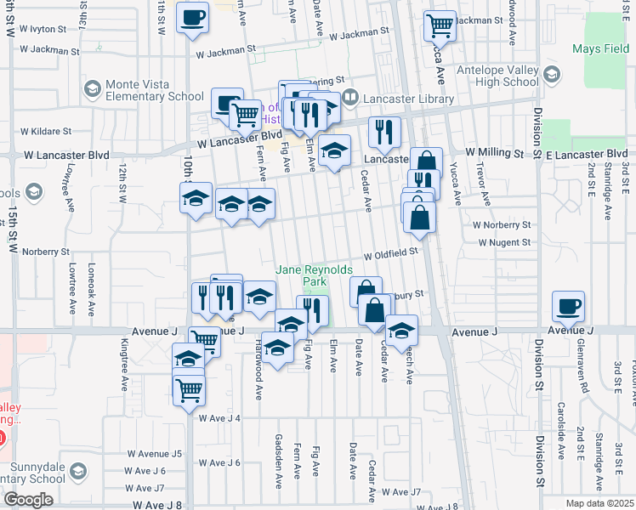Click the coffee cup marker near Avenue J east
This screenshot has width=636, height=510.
coord(568,306)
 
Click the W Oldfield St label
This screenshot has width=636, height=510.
coord(392,253)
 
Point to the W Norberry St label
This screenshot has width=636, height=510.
coord(502,225)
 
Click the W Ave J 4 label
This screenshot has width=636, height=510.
coord(220,417)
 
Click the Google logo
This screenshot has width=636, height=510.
coord(28,500)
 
